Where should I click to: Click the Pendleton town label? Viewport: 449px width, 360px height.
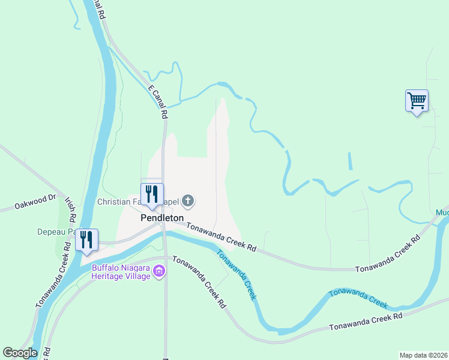(x=161, y=218)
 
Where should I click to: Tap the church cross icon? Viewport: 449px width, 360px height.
(x=188, y=201)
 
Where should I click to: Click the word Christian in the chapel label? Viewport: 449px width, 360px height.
(x=118, y=202)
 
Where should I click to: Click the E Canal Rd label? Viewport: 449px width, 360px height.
(x=157, y=96)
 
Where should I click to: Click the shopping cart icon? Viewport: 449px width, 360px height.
(x=417, y=100)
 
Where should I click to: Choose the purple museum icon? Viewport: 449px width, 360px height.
(x=159, y=272)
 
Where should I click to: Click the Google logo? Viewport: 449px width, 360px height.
(x=20, y=353)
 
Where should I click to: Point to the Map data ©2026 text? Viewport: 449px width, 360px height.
(x=423, y=354)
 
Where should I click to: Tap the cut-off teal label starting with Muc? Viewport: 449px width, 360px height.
(x=442, y=213)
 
